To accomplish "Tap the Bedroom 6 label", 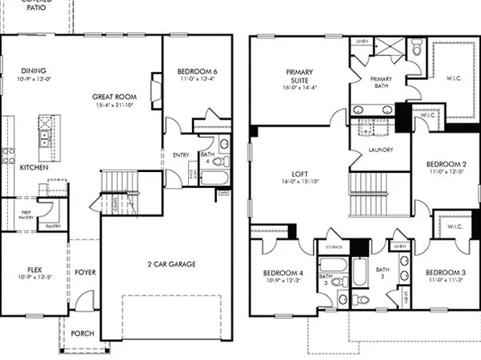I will (197, 72).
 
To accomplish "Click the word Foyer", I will (86, 273).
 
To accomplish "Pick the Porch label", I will (82, 332).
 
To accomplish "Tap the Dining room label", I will (33, 71).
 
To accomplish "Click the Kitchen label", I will (33, 168).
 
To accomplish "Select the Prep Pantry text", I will (27, 214).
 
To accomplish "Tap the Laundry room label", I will (380, 149).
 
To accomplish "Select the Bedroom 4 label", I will (282, 272).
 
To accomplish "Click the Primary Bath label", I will (380, 79).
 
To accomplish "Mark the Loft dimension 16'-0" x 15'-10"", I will (299, 182).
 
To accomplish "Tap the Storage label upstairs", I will (333, 246).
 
